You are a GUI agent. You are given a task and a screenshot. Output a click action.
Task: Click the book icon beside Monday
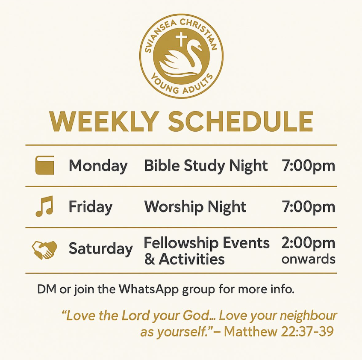pyautogui.click(x=44, y=165)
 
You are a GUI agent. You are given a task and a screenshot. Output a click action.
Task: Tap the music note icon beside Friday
pyautogui.click(x=44, y=207)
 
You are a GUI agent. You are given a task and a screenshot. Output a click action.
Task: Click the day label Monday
pyautogui.click(x=98, y=166)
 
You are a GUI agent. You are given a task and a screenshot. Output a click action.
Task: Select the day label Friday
pyautogui.click(x=91, y=207)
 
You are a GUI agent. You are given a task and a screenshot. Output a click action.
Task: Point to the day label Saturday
pyautogui.click(x=100, y=249)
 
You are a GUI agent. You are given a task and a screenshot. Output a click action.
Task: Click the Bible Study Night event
pyautogui.click(x=206, y=166)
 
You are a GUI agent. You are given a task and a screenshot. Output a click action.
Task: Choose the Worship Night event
pyautogui.click(x=195, y=207)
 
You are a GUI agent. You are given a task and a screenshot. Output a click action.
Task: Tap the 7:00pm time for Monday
pyautogui.click(x=308, y=166)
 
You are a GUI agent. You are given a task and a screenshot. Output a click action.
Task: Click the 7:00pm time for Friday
pyautogui.click(x=308, y=207)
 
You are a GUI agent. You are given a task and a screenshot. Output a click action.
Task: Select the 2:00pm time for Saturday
pyautogui.click(x=308, y=243)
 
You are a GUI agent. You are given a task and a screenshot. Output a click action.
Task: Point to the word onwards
pyautogui.click(x=308, y=259)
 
